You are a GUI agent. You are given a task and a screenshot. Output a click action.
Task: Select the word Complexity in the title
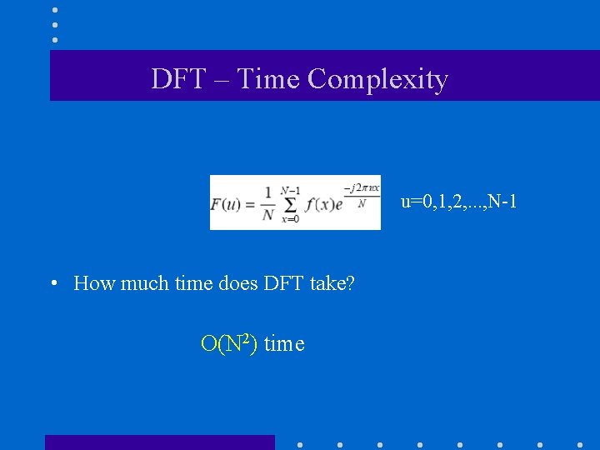click(377, 79)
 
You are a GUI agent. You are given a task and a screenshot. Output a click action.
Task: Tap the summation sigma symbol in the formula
click(291, 203)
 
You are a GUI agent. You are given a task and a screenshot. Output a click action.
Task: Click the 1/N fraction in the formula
click(267, 203)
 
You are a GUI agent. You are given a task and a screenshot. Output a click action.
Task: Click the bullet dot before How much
click(52, 283)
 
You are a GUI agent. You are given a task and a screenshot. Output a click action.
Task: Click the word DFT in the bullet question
click(284, 283)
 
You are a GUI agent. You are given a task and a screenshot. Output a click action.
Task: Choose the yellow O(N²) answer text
click(229, 343)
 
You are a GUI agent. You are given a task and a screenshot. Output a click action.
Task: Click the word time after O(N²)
click(284, 343)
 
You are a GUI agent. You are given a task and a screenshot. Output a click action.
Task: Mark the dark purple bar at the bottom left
click(159, 442)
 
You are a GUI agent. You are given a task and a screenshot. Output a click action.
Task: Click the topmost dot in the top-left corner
click(55, 9)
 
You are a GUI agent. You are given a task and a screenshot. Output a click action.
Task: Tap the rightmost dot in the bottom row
click(579, 444)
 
